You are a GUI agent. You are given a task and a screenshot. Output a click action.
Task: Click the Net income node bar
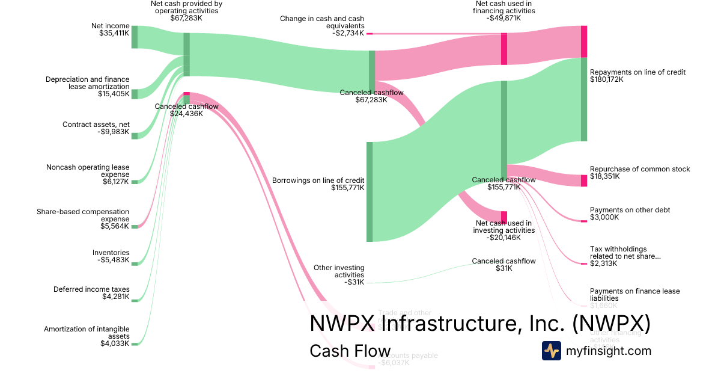click(135, 37)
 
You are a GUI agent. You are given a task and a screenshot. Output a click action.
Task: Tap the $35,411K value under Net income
click(114, 34)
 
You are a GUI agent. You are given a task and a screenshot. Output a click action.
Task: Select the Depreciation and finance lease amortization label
click(88, 83)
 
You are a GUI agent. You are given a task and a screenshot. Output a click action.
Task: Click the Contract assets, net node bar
click(135, 136)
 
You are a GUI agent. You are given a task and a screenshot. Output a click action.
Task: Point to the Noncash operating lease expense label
click(88, 171)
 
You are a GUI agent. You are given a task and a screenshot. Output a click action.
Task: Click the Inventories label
click(111, 253)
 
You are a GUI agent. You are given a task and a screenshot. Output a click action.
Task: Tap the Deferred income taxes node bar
click(135, 300)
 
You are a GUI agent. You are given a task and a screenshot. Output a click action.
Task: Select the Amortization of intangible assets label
click(87, 333)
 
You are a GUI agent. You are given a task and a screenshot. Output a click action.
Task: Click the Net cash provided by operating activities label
click(186, 7)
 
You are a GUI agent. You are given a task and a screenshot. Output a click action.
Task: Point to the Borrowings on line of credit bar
click(370, 192)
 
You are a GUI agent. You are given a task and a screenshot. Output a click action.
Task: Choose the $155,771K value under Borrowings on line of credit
click(347, 188)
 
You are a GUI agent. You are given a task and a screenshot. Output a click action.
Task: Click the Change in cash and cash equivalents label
click(321, 22)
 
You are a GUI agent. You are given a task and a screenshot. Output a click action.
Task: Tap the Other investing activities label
click(339, 271)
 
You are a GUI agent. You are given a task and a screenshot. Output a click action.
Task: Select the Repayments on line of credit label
click(637, 72)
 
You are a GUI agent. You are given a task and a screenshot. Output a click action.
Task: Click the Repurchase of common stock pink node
click(583, 180)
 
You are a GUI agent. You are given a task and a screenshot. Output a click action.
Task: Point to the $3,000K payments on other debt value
click(604, 217)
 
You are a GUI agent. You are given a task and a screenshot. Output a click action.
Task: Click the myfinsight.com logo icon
click(551, 351)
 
